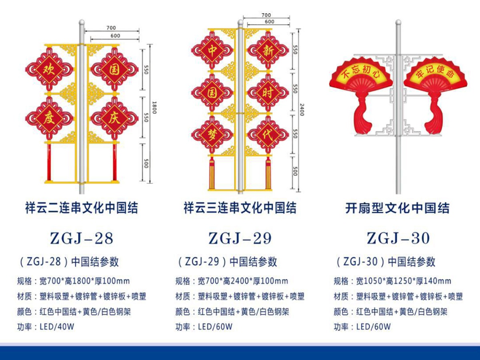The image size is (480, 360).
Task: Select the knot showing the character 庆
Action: tap(114, 118)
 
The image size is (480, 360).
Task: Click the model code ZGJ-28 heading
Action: tap(82, 238)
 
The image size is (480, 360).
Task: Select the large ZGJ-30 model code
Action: tap(398, 238)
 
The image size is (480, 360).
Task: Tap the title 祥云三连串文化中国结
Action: tap(240, 208)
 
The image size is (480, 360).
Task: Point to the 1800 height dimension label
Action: tap(154, 107)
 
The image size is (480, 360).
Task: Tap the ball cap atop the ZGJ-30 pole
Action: tap(398, 22)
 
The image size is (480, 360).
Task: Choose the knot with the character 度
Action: tap(50, 118)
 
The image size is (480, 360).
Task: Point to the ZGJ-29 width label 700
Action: tap(266, 15)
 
